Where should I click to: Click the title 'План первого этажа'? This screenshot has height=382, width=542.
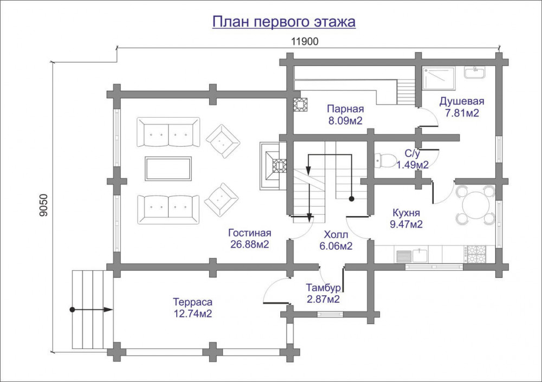[x=284, y=22]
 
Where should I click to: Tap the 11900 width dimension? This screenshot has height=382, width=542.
[x=305, y=42]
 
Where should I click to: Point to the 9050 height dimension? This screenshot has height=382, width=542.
[x=43, y=205]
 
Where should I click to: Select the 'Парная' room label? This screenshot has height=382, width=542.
[x=345, y=109]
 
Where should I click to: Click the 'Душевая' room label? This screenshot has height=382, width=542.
[x=462, y=101]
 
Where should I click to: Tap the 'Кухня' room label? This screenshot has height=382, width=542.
[x=406, y=212]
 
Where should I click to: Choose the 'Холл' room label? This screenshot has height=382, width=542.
[x=336, y=235]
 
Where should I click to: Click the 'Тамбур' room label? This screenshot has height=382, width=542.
[x=323, y=288]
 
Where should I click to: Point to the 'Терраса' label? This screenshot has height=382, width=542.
[x=192, y=302]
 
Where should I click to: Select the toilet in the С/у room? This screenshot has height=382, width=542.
[x=385, y=160]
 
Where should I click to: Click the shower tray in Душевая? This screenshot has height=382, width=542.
[x=439, y=79]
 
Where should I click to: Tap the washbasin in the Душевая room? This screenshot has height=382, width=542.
[x=475, y=72]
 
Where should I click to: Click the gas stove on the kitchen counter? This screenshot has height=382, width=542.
[x=476, y=254]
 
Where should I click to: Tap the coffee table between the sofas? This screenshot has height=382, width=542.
[x=169, y=169]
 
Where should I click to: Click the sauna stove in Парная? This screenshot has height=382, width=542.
[x=300, y=105]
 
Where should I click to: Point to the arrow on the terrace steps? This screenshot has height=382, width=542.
[x=92, y=309]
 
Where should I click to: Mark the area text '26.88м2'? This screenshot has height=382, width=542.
[x=249, y=244]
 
